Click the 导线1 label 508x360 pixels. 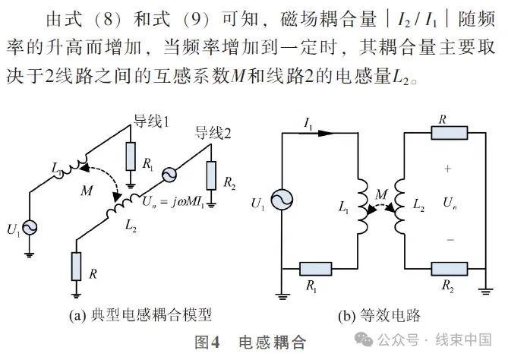[x=152, y=122]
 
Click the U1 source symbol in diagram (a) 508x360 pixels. [x=32, y=226]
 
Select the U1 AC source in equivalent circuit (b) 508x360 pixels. [x=282, y=201]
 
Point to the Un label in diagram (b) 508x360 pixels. [x=449, y=203]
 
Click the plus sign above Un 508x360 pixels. [x=448, y=168]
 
